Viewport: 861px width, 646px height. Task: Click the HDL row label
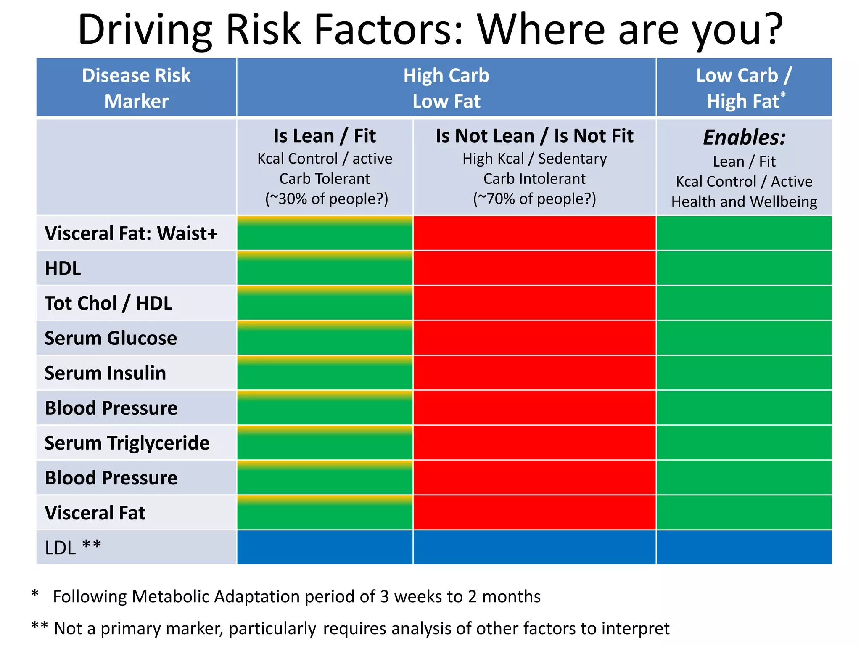pyautogui.click(x=63, y=268)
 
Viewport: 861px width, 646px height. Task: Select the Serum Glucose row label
pyautogui.click(x=111, y=338)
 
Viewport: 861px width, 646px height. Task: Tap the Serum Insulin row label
pyautogui.click(x=105, y=373)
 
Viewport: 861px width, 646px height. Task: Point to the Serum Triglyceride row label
pyautogui.click(x=127, y=443)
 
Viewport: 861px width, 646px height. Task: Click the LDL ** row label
pyautogui.click(x=73, y=548)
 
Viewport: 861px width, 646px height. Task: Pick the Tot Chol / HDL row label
pyautogui.click(x=108, y=303)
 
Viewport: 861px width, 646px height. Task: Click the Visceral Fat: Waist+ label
pyautogui.click(x=131, y=233)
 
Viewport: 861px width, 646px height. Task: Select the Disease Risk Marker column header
pyautogui.click(x=136, y=88)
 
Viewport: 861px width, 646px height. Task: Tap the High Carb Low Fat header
pyautogui.click(x=446, y=88)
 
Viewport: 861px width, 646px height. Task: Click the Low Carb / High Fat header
pyautogui.click(x=743, y=88)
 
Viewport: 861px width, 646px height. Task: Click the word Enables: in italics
pyautogui.click(x=744, y=137)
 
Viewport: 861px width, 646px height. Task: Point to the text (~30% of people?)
pyautogui.click(x=326, y=199)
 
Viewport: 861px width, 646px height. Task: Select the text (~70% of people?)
pyautogui.click(x=534, y=199)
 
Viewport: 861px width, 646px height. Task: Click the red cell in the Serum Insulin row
pyautogui.click(x=534, y=373)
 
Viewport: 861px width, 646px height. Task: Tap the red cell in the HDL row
pyautogui.click(x=534, y=268)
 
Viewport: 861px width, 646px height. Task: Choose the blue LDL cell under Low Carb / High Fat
pyautogui.click(x=743, y=548)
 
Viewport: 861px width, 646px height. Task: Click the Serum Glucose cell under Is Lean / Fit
pyautogui.click(x=325, y=338)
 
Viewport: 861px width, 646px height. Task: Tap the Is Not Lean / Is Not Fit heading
pyautogui.click(x=534, y=136)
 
